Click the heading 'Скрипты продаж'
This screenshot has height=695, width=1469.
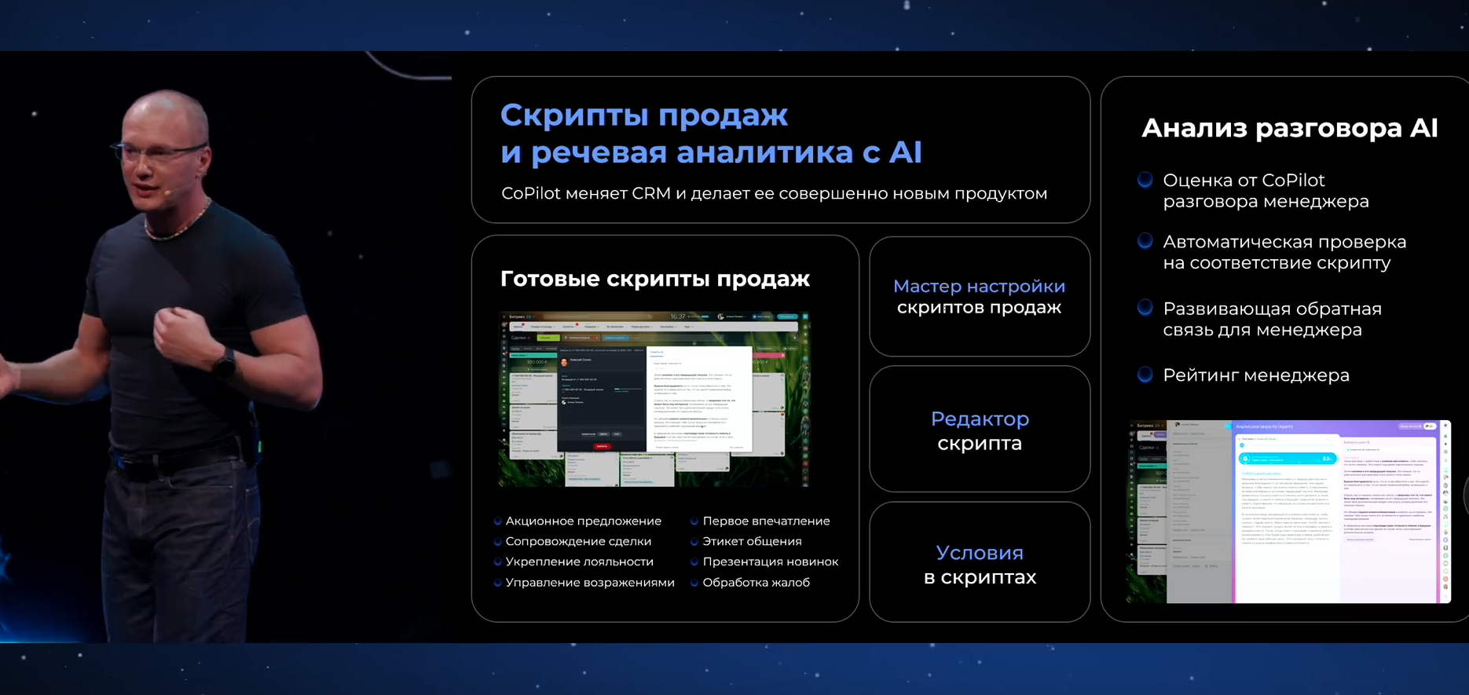[x=643, y=115]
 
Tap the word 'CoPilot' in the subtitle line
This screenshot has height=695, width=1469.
[x=531, y=193]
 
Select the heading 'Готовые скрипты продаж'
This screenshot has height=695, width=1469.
[x=654, y=279]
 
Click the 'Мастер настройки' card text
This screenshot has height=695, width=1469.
[x=979, y=287]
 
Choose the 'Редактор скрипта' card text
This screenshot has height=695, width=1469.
[x=980, y=430]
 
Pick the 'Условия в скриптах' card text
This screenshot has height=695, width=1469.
[x=980, y=565]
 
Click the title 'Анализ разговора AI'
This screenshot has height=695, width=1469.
[x=1289, y=128]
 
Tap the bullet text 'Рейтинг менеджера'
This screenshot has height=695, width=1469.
[x=1255, y=375]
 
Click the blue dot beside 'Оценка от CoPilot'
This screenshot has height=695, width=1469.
[x=1145, y=180]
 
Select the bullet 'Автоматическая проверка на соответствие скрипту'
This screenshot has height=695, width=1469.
[x=1284, y=252]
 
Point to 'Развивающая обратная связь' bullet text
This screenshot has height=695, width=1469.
[x=1271, y=319]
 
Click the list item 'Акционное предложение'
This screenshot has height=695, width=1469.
[x=583, y=521]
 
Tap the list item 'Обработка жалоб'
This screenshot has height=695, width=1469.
[x=756, y=583]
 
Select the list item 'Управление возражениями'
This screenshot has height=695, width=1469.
[x=589, y=583]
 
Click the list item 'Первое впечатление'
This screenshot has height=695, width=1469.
[x=765, y=521]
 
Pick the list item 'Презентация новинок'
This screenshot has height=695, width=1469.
[x=770, y=562]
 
